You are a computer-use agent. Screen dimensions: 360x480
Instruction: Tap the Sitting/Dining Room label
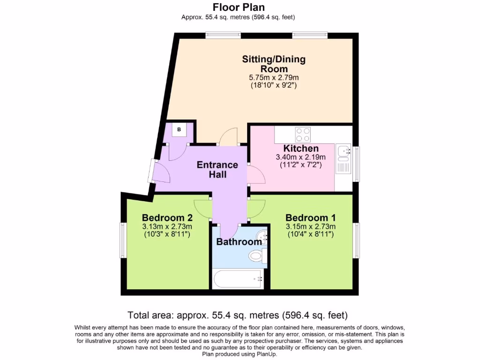click(274, 64)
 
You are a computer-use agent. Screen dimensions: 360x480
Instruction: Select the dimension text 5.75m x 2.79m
click(274, 77)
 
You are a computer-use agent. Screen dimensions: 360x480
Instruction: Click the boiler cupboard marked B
click(179, 129)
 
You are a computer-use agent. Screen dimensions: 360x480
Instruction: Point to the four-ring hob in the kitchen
click(303, 135)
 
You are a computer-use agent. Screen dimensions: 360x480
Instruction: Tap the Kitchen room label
click(301, 149)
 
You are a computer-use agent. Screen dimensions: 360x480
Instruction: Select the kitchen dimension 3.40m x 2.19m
click(301, 157)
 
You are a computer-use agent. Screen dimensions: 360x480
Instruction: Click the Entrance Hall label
click(217, 170)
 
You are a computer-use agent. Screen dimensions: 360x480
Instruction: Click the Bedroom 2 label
click(167, 218)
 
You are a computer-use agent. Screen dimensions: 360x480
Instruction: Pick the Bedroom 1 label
click(310, 218)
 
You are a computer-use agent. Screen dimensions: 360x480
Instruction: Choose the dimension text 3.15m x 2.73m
click(310, 226)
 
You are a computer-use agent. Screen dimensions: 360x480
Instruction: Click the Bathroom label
click(239, 242)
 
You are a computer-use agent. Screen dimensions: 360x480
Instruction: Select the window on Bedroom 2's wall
click(122, 240)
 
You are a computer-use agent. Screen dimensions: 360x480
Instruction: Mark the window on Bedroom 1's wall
click(357, 240)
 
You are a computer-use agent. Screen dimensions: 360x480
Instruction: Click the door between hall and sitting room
click(229, 137)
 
